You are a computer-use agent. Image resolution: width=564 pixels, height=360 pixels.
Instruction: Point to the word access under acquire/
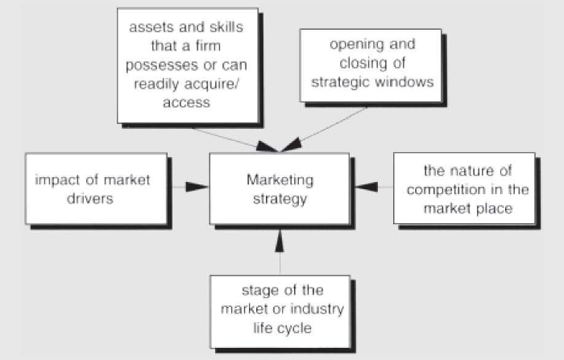tap(187, 102)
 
